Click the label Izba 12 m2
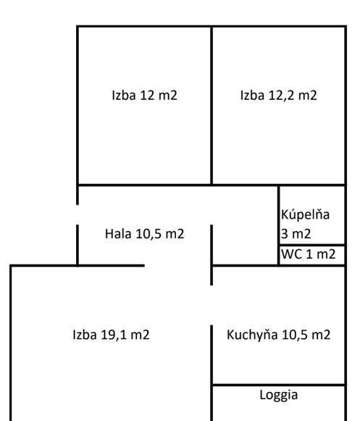click(144, 96)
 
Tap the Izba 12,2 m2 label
click(278, 96)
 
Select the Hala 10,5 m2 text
click(144, 233)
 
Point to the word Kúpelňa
click(305, 214)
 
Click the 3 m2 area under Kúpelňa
click(296, 233)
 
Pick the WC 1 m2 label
click(308, 254)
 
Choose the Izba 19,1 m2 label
click(111, 335)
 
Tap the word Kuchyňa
click(252, 335)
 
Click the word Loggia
click(279, 395)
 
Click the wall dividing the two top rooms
click(212, 105)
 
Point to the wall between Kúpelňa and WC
click(312, 246)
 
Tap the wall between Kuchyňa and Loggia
click(279, 385)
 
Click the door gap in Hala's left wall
click(78, 214)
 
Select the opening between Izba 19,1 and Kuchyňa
click(212, 305)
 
